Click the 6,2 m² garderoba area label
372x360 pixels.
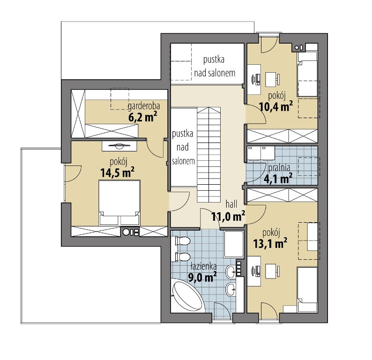click(142, 117)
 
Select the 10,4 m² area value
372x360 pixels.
click(276, 107)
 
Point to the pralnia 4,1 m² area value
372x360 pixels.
click(278, 179)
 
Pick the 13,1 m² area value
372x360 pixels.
click(270, 243)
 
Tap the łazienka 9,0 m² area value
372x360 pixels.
click(202, 277)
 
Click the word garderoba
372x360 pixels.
click(144, 106)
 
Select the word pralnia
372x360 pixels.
click(279, 168)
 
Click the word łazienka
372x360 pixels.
click(203, 267)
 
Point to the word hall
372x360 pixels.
click(231, 204)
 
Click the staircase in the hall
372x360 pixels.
click(209, 155)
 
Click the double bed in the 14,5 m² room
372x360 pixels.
click(119, 202)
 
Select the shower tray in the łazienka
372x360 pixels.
click(234, 244)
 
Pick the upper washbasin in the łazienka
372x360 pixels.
click(231, 271)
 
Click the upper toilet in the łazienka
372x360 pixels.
click(182, 241)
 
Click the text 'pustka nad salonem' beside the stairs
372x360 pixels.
click(183, 147)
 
